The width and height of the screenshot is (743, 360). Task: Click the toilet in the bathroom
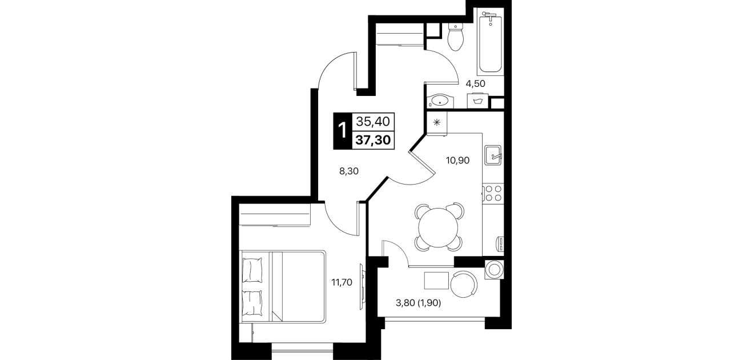455,37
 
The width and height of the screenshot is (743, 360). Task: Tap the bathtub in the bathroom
491,42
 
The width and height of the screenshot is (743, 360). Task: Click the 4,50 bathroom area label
475,83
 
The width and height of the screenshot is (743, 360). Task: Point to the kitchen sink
493,155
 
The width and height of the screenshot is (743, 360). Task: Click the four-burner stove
493,193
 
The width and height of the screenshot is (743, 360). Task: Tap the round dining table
438,227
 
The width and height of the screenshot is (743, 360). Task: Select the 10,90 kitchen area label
458,161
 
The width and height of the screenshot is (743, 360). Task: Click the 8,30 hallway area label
348,171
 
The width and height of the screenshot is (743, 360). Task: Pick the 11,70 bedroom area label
342,283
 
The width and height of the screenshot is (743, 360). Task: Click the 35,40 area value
373,122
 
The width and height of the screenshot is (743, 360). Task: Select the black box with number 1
342,131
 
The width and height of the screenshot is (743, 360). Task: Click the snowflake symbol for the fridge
437,122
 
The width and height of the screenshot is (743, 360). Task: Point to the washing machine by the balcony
494,269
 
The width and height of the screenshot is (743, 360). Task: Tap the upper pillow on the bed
252,270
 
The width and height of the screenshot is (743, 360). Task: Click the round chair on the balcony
464,285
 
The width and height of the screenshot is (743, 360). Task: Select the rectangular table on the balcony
436,281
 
